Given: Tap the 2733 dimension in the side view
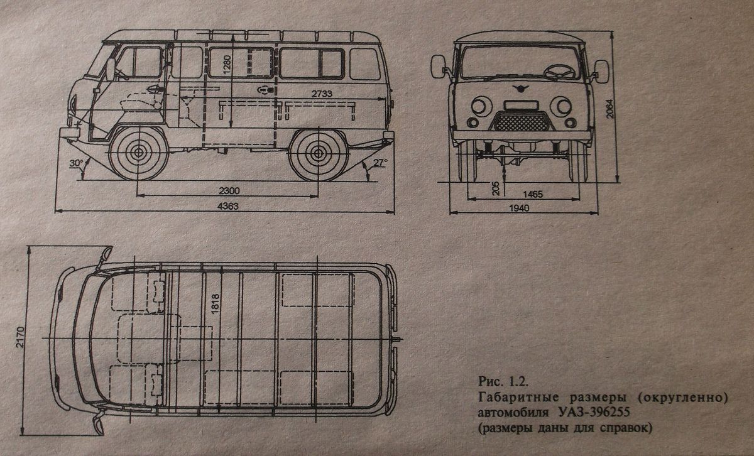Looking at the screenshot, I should click(323, 93).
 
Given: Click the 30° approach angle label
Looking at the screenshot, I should click(77, 163).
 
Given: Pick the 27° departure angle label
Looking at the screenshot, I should click(380, 162).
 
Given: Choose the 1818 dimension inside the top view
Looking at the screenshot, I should click(214, 306).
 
